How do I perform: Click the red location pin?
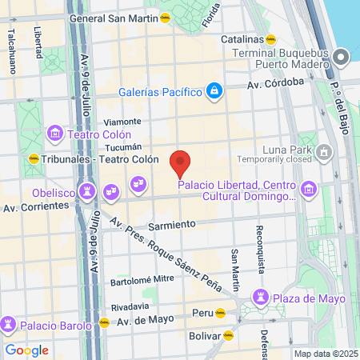[181, 162]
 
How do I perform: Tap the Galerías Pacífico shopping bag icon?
[214, 91]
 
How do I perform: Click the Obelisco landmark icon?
[88, 192]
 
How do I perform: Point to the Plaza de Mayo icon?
[258, 298]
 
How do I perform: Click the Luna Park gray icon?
[323, 150]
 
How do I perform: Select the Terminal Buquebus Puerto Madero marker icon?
[342, 56]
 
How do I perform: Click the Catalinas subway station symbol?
[272, 38]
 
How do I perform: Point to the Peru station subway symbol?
[219, 313]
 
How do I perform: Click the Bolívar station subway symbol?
[228, 336]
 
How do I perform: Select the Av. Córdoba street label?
[275, 82]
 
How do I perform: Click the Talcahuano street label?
[12, 51]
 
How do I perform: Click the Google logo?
[26, 350]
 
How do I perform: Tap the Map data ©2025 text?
[324, 354]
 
